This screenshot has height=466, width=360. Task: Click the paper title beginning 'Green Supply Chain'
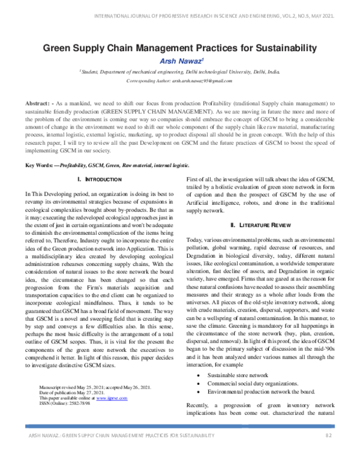point(179,47)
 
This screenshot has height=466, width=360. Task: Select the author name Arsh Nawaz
point(179,61)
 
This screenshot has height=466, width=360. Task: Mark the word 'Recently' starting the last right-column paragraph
point(199,405)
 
